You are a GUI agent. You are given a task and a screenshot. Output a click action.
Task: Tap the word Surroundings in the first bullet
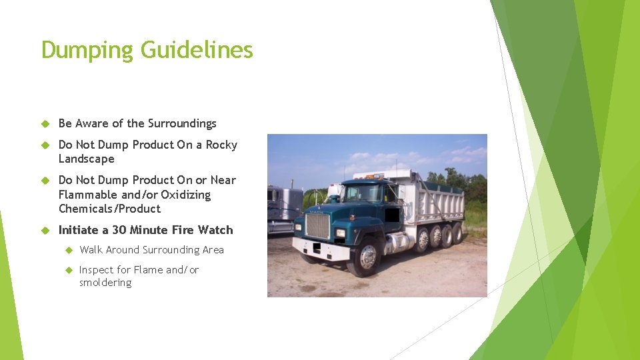pyautogui.click(x=182, y=124)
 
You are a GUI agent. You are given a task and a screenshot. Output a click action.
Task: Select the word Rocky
pyautogui.click(x=221, y=145)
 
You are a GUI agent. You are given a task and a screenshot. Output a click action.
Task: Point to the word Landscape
pyautogui.click(x=87, y=159)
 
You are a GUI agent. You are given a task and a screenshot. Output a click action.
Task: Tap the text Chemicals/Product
pyautogui.click(x=109, y=209)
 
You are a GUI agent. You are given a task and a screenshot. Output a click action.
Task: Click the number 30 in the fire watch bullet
pyautogui.click(x=119, y=230)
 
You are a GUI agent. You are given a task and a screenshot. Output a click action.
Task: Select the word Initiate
pyautogui.click(x=79, y=230)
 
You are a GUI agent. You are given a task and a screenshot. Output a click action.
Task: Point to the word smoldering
pyautogui.click(x=105, y=283)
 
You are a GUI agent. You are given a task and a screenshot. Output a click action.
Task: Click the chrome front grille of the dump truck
pyautogui.click(x=317, y=226)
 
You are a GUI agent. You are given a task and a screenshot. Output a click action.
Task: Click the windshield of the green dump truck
pyautogui.click(x=364, y=193)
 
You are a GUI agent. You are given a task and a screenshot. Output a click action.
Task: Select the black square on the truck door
pyautogui.click(x=393, y=215)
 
